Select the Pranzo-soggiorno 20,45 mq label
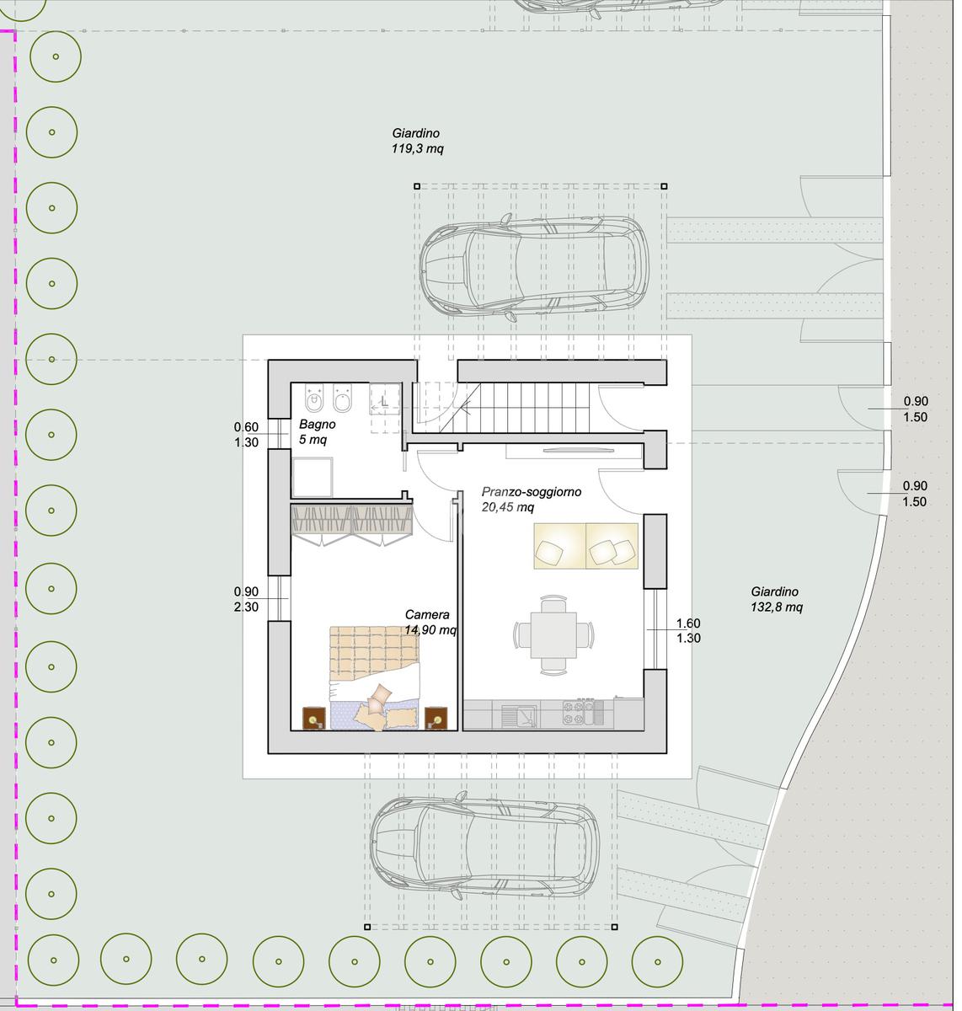pyautogui.click(x=536, y=504)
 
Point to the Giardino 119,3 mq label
pyautogui.click(x=420, y=142)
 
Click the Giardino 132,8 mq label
pyautogui.click(x=783, y=604)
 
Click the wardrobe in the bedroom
pyautogui.click(x=355, y=525)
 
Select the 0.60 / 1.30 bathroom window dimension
pyautogui.click(x=249, y=438)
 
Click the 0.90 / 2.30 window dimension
pyautogui.click(x=249, y=604)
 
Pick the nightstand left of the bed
pyautogui.click(x=317, y=725)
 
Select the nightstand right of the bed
pyautogui.click(x=440, y=725)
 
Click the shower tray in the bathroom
pyautogui.click(x=315, y=481)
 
